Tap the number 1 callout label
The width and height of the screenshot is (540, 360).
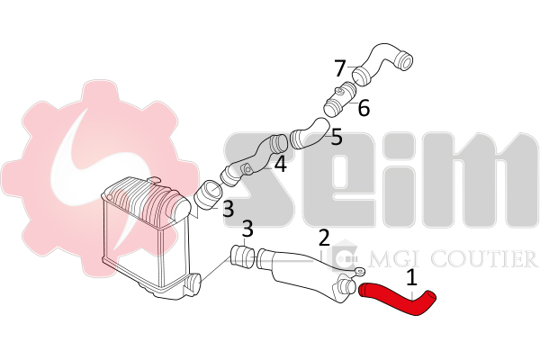(411, 278)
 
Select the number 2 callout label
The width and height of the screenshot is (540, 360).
(324, 238)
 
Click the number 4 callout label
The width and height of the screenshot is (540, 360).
(280, 164)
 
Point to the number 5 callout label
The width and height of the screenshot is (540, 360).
(337, 137)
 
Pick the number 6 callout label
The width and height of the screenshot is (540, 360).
(364, 108)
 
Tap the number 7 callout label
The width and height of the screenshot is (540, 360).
(340, 68)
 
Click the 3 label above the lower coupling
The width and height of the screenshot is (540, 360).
(247, 229)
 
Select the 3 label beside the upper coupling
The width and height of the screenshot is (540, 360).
(228, 209)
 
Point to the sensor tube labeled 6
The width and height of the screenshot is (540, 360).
(341, 99)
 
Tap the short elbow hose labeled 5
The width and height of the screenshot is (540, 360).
(310, 134)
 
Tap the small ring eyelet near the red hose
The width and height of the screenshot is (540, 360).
(360, 272)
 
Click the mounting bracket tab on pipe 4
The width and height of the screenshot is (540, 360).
(247, 169)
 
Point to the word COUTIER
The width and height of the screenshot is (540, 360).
(484, 259)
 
